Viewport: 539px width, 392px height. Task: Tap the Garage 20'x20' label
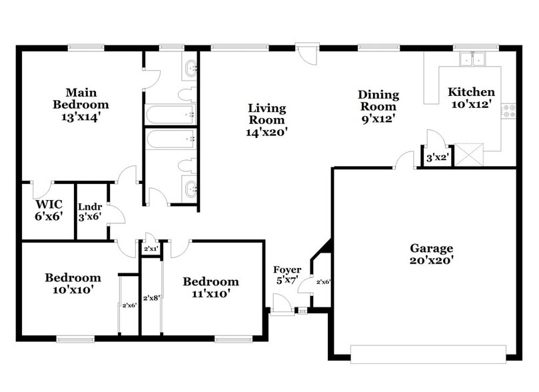point(431,254)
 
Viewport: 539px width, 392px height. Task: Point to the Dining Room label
point(378,107)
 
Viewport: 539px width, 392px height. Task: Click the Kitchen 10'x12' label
point(471,98)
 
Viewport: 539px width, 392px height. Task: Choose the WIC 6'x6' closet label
point(49,209)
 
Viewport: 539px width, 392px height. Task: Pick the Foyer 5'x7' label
point(287,275)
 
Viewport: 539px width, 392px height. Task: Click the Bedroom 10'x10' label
point(73,283)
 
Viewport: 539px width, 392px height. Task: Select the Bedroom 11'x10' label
point(211,287)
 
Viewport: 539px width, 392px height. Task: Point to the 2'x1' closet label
point(151,249)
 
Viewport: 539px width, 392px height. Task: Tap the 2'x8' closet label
point(151,298)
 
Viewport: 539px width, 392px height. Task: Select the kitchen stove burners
point(510,111)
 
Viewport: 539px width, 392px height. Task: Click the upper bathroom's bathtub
point(171,114)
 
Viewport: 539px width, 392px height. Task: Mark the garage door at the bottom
point(428,353)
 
